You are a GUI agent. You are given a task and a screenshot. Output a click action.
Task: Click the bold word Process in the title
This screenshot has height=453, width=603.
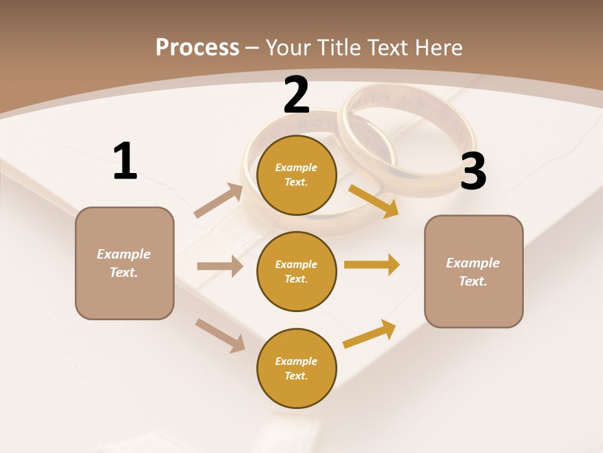click(x=197, y=47)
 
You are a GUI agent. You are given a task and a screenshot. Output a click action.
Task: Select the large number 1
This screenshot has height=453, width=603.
click(x=125, y=161)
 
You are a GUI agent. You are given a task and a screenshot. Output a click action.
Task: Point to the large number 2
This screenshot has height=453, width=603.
click(x=296, y=94)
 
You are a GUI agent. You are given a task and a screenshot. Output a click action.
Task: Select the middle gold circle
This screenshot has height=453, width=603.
click(x=296, y=272)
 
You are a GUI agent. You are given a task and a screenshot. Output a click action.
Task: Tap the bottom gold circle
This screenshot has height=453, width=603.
click(x=296, y=369)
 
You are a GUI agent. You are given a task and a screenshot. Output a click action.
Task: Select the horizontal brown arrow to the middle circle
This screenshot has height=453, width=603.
click(x=220, y=266)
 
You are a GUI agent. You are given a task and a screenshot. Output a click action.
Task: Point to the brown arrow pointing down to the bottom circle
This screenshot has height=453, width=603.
click(x=220, y=335)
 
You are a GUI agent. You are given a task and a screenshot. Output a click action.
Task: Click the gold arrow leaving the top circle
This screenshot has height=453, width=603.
click(x=374, y=201)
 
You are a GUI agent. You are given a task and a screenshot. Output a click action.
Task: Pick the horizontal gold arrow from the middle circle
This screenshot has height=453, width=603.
click(x=371, y=264)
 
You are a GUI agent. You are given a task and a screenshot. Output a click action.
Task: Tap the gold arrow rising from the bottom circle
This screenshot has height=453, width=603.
click(x=369, y=333)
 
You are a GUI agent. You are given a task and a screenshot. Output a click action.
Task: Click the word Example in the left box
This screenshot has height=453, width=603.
click(x=124, y=254)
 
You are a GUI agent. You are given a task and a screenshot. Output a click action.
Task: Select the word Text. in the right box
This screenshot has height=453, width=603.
click(x=473, y=281)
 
